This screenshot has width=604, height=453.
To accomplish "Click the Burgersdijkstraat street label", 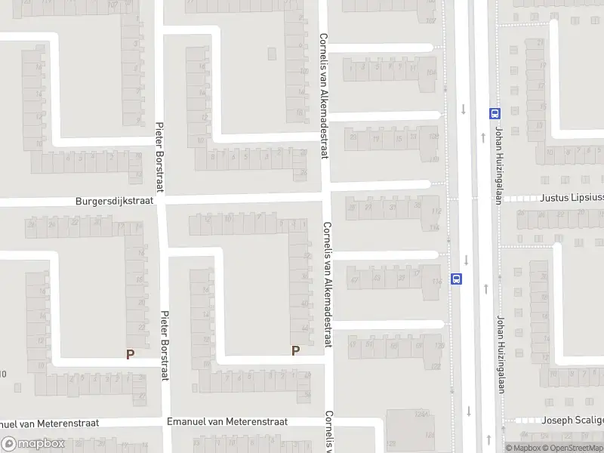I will click(114, 202).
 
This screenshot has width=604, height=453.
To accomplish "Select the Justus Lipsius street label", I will click(572, 199).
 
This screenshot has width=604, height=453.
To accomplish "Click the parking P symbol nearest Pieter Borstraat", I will click(130, 353).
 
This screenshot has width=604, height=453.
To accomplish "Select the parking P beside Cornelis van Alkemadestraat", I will click(295, 350).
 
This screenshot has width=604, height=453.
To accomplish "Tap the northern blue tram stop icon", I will click(495, 114).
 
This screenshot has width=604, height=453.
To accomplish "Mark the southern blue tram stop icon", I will click(456, 278).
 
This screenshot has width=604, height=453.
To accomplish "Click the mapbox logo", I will click(33, 444).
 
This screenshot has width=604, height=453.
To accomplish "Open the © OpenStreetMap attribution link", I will click(575, 448).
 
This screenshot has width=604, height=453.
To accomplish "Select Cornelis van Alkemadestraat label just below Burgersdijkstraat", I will click(328, 283).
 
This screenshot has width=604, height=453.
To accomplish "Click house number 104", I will click(430, 72).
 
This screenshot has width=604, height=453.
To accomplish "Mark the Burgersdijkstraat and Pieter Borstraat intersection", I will click(161, 201).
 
